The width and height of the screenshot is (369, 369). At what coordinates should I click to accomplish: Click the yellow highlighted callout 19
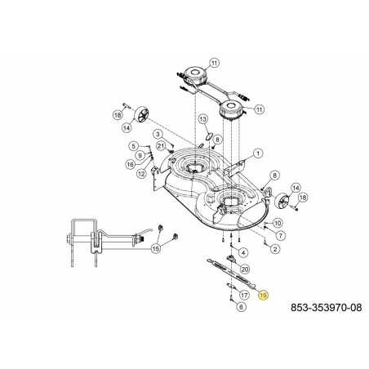[x=262, y=297]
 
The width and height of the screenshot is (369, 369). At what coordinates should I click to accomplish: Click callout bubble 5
[x=133, y=146]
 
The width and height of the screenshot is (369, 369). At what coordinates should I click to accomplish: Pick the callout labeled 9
[x=140, y=155]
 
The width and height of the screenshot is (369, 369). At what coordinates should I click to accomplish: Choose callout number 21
[x=162, y=145]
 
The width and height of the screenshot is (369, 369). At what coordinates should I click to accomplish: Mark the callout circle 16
[x=131, y=163]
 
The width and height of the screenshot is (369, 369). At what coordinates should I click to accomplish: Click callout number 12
[x=140, y=173]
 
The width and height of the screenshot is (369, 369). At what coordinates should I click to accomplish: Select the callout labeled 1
[x=256, y=153]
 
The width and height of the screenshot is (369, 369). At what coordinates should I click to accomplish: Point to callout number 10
[x=278, y=223]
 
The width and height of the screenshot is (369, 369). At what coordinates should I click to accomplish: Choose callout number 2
[x=274, y=248]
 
